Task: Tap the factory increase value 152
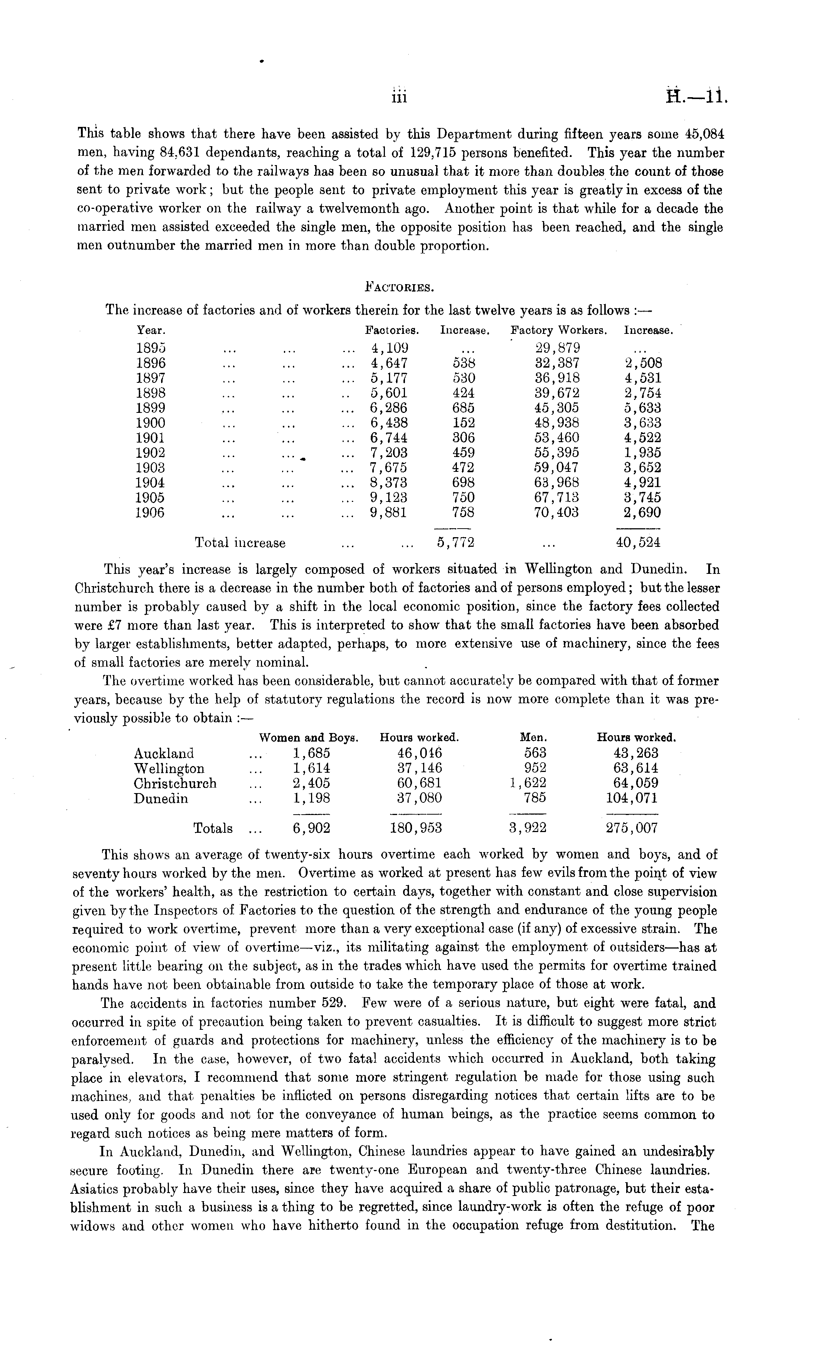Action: point(463,423)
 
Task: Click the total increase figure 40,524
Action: point(638,543)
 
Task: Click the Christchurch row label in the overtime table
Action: point(175,783)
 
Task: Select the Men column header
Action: point(533,738)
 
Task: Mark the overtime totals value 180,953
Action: point(416,828)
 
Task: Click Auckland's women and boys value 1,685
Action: point(311,753)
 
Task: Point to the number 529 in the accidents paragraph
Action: point(333,1003)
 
